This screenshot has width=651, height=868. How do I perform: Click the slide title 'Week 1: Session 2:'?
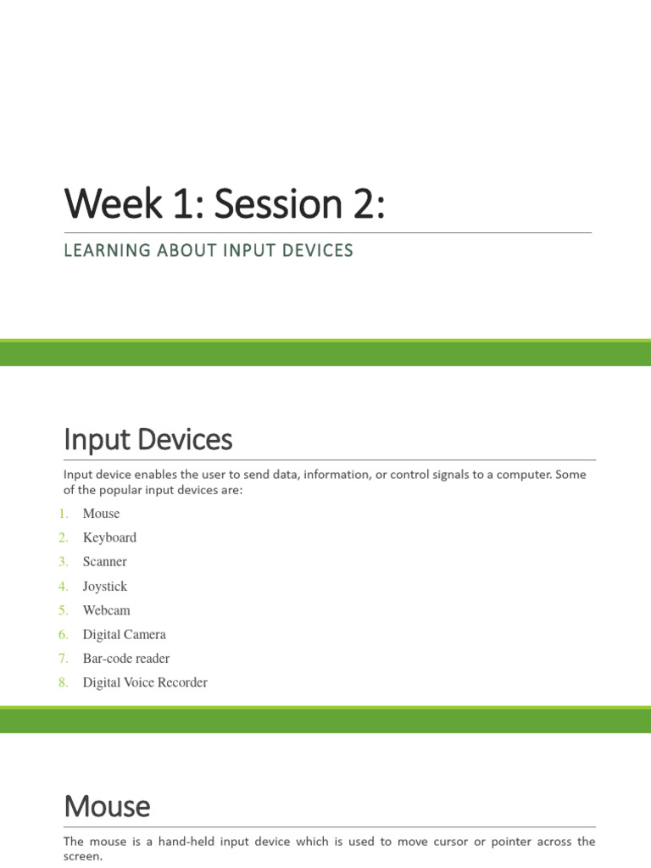pyautogui.click(x=224, y=205)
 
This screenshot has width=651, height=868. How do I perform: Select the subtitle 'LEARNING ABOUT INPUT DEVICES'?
pyautogui.click(x=209, y=250)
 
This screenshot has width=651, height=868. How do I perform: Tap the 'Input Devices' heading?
pyautogui.click(x=147, y=440)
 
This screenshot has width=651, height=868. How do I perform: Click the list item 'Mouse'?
pyautogui.click(x=101, y=514)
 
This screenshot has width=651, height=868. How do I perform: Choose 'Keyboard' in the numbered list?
pyautogui.click(x=109, y=537)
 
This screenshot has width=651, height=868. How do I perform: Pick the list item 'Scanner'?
pyautogui.click(x=104, y=562)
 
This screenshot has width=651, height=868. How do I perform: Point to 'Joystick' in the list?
pyautogui.click(x=104, y=587)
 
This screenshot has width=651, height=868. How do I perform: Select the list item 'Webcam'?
pyautogui.click(x=106, y=610)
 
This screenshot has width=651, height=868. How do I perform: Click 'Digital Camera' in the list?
pyautogui.click(x=124, y=635)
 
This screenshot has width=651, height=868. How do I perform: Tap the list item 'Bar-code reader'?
pyautogui.click(x=125, y=659)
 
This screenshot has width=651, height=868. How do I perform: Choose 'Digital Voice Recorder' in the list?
pyautogui.click(x=144, y=683)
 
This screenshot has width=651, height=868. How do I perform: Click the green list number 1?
pyautogui.click(x=64, y=514)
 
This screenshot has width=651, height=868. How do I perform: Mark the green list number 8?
pyautogui.click(x=64, y=683)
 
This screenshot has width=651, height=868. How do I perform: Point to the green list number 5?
pyautogui.click(x=64, y=610)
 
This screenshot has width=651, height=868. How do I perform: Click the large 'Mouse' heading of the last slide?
pyautogui.click(x=107, y=806)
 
